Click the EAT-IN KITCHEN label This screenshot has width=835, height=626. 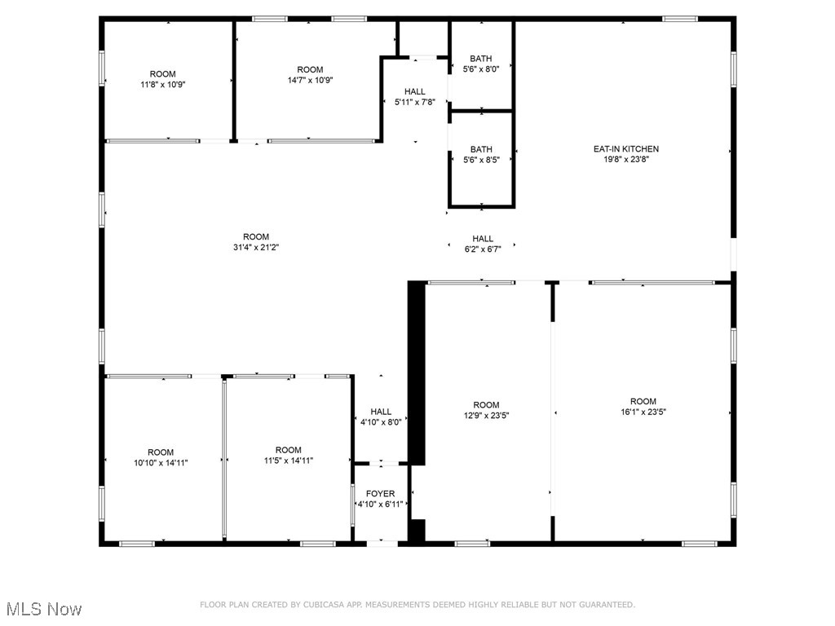(x=625, y=149)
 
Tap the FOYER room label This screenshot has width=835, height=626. (x=380, y=494)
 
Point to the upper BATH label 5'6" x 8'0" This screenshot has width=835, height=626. (x=481, y=59)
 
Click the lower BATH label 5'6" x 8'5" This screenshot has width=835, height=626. (x=481, y=149)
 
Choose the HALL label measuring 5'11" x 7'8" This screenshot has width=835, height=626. (x=415, y=92)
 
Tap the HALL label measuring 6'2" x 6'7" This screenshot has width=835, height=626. (x=482, y=239)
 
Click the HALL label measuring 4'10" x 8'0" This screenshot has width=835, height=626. (x=381, y=412)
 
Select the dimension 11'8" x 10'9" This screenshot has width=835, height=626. (x=162, y=84)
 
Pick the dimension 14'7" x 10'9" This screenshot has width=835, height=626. (x=310, y=80)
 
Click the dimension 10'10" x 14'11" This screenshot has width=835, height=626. (x=161, y=463)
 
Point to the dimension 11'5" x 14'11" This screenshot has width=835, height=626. (x=289, y=461)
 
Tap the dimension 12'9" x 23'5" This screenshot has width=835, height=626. (x=486, y=416)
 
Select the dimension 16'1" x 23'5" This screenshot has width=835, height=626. (x=643, y=412)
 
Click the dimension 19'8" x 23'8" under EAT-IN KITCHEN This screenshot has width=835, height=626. (x=625, y=160)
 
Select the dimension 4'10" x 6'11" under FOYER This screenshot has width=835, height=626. (x=380, y=505)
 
